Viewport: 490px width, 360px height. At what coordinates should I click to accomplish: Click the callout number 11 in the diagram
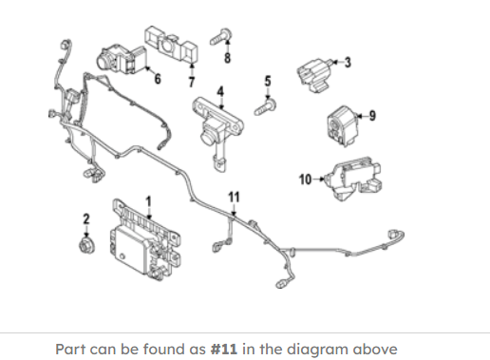234,198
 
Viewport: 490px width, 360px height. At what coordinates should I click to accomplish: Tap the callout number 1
148,201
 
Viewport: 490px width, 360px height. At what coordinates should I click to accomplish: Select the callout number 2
86,219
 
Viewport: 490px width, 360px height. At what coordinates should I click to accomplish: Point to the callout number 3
348,63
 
